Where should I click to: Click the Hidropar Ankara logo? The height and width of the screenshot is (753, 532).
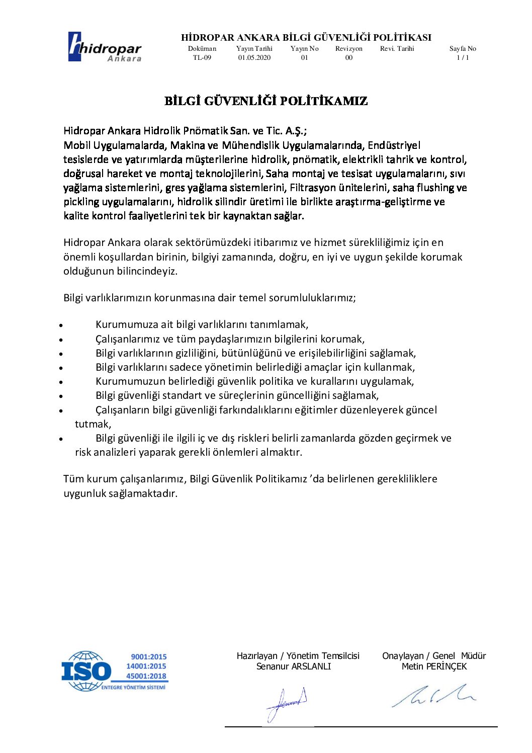pos(105,47)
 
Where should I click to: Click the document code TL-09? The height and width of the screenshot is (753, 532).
pos(202,58)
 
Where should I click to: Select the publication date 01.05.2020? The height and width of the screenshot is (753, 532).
pos(254,58)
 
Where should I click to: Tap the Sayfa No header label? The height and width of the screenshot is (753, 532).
pos(463,49)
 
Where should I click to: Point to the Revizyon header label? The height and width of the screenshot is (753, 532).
pos(349,49)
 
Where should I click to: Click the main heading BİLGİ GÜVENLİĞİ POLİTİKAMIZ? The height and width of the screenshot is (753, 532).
pos(266,101)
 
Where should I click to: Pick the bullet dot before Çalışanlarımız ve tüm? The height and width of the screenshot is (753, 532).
pos(61,340)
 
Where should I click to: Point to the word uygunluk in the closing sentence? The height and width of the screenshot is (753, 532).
pos(84,493)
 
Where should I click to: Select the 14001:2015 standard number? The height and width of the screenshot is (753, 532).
pos(146,666)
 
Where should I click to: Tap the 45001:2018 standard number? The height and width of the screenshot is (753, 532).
pos(146,676)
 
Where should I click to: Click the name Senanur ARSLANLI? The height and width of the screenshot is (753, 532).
pos(294,666)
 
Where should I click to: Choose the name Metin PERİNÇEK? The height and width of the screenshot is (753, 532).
pos(434,666)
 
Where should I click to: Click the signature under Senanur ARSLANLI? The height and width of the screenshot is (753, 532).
pos(287,703)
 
